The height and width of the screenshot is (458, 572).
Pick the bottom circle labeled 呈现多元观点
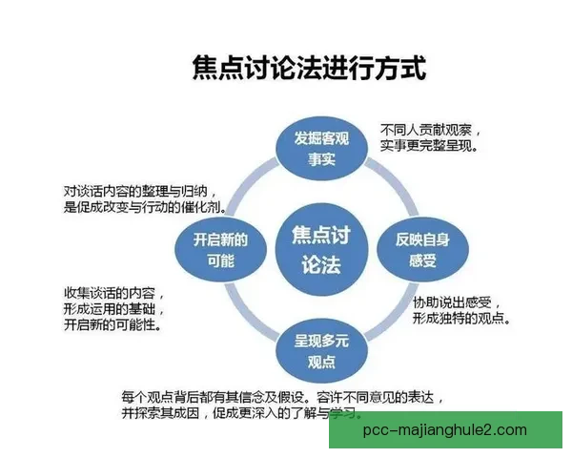321,350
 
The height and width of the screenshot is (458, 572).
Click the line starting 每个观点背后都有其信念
283,395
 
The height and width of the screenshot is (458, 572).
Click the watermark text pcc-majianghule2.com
446,430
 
